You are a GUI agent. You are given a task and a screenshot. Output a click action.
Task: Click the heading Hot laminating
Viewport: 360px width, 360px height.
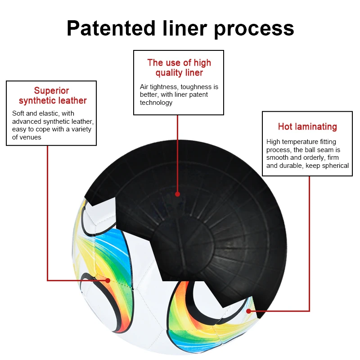tap(307, 126)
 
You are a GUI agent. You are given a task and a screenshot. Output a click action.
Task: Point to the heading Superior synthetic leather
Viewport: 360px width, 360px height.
tap(52, 95)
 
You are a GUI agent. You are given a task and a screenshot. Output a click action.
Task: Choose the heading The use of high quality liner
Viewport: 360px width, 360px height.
tap(179, 67)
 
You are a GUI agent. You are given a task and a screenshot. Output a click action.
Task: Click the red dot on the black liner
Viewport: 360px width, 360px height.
tap(177, 194)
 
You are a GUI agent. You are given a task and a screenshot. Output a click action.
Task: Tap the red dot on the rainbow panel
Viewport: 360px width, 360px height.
tap(108, 280)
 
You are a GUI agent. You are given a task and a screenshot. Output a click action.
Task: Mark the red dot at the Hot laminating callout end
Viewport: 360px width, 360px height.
tap(248, 311)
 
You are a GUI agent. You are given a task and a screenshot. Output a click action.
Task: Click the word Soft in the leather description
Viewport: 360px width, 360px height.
tap(18, 113)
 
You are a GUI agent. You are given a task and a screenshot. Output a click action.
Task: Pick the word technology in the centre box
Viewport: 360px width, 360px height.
tap(156, 103)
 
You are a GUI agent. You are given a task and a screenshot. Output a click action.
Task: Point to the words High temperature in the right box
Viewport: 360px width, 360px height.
tap(288, 142)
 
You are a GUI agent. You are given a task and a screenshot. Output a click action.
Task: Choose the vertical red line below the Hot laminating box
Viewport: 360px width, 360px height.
tap(310, 243)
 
